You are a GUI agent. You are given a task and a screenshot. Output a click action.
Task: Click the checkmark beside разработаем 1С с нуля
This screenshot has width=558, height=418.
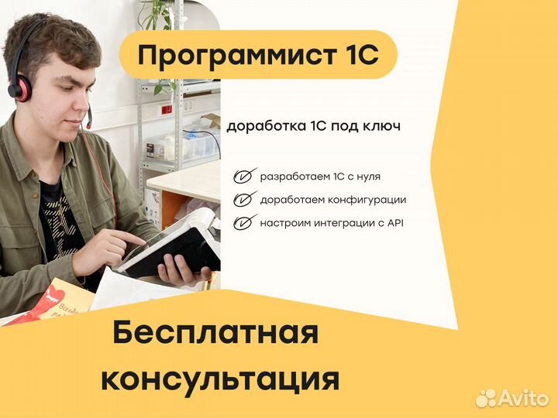pos(246,177)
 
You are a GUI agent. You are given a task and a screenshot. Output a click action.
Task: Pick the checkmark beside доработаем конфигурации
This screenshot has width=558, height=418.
pos(246,200)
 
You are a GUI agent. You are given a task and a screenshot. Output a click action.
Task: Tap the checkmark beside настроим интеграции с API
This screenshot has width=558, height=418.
pos(246,223)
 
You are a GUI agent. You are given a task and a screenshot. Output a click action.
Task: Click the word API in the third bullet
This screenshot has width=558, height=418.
pos(394,223)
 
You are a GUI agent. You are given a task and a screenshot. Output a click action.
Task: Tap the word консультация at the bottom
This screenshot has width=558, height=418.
pos(220,379)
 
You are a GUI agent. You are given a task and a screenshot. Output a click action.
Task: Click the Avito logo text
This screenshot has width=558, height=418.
pos(522,397)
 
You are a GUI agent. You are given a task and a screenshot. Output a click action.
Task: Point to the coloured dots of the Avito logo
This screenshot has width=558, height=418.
pos(486,398)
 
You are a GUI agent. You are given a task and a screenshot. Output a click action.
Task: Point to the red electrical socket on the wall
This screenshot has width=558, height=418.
pos(165,110)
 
